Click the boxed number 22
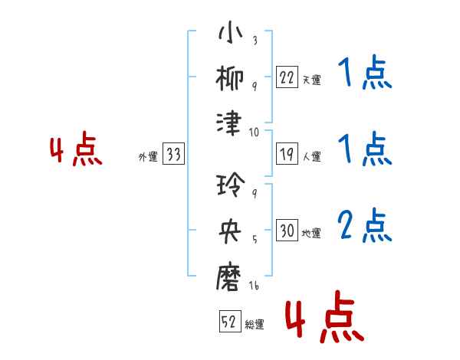click(287, 77)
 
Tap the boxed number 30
click(287, 231)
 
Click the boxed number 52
click(228, 322)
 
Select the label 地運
click(311, 233)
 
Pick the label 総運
click(255, 324)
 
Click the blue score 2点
click(364, 225)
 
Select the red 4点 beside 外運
click(76, 151)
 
